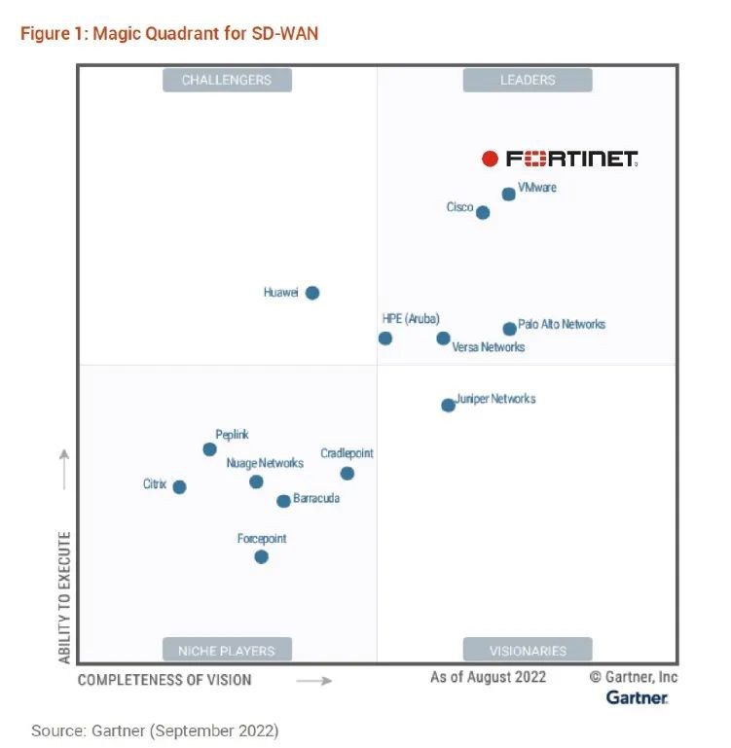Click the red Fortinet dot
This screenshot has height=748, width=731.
pos(491,159)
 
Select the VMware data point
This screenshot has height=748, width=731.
pos(508,195)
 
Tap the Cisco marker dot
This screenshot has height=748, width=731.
pos(483,212)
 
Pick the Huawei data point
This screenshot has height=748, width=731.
pos(312,293)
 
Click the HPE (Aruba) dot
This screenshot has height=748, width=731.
pos(385,338)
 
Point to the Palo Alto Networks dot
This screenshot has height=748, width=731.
pos(509,329)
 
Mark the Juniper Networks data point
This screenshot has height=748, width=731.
pos(448,405)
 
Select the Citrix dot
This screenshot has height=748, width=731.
pos(179,487)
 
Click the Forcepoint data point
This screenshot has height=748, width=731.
pos(261,557)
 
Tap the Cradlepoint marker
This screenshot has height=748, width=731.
pos(347,474)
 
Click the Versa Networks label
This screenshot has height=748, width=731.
pos(489,347)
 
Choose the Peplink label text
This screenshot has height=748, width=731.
pos(232,436)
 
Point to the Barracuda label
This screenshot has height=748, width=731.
pos(316,499)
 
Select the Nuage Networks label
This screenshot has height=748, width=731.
pos(265,463)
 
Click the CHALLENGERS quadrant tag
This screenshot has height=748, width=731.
pos(227,80)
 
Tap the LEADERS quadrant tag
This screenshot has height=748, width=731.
pos(528,80)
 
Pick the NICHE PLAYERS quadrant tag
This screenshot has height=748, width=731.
pos(227,651)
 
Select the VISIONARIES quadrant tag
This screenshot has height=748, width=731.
pos(528,651)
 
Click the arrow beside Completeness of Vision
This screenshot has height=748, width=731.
pos(313,681)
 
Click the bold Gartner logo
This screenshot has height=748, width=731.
pos(637,697)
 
